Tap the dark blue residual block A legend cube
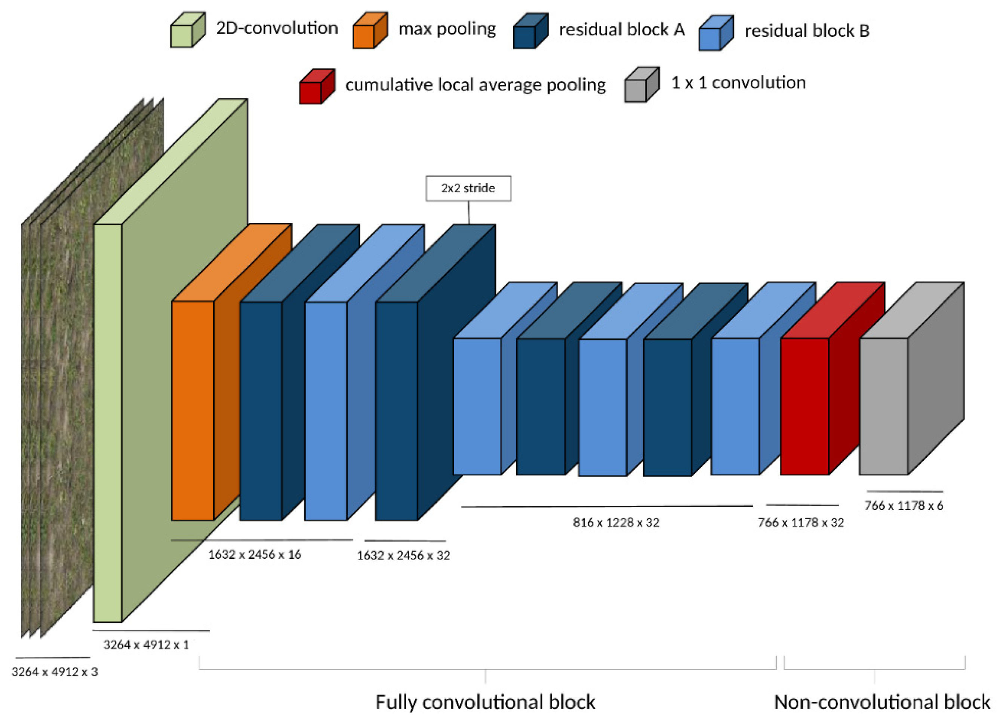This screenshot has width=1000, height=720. [x=530, y=32]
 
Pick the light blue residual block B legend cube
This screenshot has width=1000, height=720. [x=715, y=34]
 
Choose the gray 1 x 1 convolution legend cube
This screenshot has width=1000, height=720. [x=641, y=86]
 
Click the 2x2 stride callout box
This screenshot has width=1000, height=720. [x=468, y=189]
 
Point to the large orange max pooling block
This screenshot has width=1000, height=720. [x=193, y=410]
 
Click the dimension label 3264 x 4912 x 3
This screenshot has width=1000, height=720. [x=55, y=672]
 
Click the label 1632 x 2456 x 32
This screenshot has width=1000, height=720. [x=403, y=555]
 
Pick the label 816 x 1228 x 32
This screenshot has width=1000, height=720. [x=616, y=523]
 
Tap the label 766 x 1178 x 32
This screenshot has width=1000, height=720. [x=801, y=523]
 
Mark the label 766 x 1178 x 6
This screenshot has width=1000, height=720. [x=904, y=506]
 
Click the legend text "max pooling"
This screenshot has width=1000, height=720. [x=447, y=30]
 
